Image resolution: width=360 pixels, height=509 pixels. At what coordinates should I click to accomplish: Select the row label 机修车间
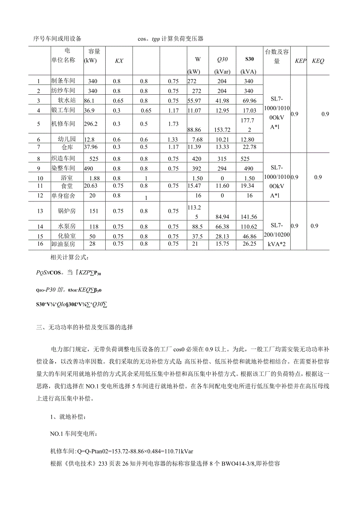63,124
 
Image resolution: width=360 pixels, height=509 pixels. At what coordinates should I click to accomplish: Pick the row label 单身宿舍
63,196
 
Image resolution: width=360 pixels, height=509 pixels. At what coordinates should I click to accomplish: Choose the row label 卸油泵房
63,244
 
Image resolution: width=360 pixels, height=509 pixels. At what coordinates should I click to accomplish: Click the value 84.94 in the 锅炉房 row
221,217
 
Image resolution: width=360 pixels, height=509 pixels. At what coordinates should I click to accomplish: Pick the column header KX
119,61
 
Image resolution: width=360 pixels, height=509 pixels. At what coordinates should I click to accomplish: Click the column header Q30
222,59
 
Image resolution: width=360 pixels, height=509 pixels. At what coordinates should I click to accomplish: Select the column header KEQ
318,61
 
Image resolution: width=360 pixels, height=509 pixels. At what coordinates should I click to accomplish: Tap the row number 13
39,211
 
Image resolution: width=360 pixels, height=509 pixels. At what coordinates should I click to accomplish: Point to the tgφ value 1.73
173,124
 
